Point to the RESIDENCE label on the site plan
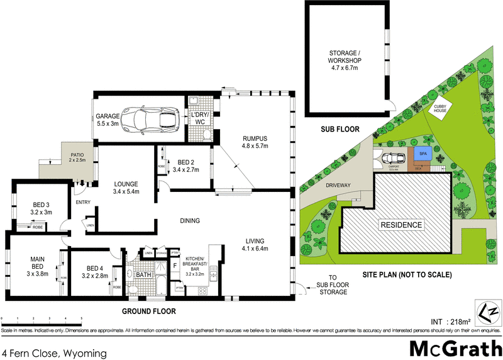click(x=401, y=225)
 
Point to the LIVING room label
click(x=255, y=244)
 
